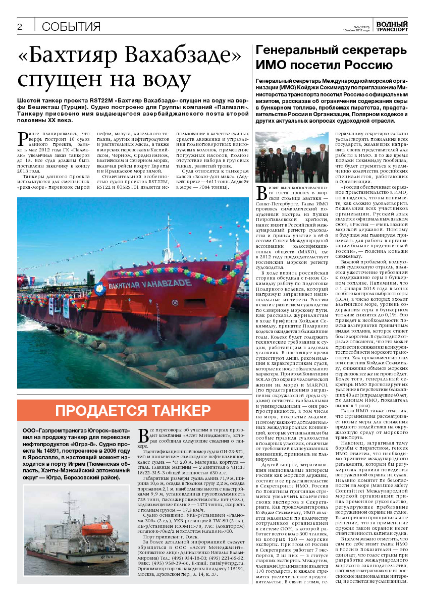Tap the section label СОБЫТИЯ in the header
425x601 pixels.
coord(71,27)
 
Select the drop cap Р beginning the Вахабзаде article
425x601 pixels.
coord(21,136)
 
